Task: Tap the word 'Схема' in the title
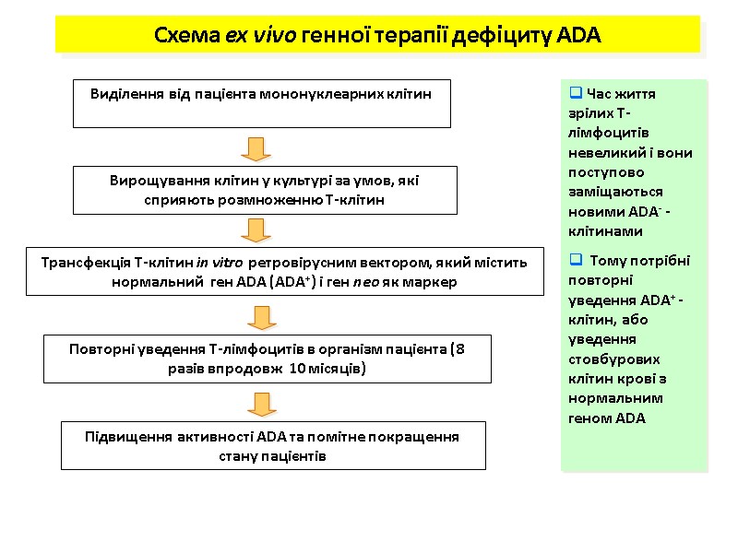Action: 186,36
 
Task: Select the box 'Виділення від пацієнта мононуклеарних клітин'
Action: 261,102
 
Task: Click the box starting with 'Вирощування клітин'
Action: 265,190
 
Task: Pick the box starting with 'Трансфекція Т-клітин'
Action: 284,271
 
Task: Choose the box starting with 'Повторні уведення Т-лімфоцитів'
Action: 268,359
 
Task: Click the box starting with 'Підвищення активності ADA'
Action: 272,445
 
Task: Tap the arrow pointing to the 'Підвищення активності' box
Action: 263,403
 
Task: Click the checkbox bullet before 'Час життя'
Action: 576,93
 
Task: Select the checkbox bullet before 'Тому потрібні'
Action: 576,260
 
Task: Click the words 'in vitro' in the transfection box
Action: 220,263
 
